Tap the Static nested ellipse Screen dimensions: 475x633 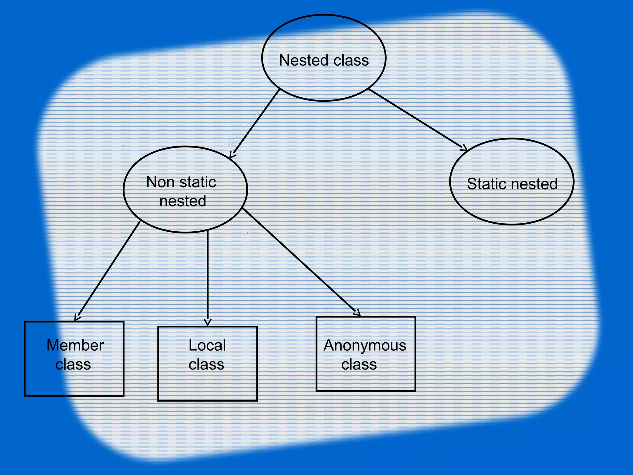point(512,204)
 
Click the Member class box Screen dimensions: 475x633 point(74,383)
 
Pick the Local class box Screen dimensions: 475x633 point(207,387)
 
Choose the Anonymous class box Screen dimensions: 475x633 point(366,380)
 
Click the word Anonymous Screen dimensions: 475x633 point(365,345)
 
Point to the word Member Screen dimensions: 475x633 point(75,345)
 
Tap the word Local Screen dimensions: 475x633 point(207,345)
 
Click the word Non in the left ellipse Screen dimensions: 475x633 point(160,182)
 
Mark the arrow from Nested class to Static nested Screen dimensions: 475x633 point(417,119)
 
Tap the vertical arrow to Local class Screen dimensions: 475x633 point(208,278)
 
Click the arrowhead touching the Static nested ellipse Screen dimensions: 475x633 point(465,148)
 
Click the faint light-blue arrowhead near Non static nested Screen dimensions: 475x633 point(231,143)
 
